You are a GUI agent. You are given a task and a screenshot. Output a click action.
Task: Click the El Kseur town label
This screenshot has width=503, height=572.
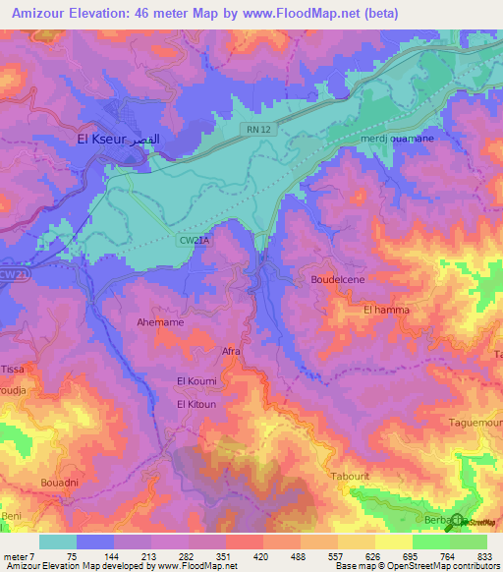pyautogui.click(x=117, y=140)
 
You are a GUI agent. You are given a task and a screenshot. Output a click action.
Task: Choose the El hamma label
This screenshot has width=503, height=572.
pyautogui.click(x=385, y=310)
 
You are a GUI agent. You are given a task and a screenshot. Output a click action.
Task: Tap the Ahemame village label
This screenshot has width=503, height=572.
pyautogui.click(x=159, y=321)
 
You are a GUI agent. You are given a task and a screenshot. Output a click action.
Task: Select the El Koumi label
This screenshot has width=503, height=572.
pyautogui.click(x=196, y=380)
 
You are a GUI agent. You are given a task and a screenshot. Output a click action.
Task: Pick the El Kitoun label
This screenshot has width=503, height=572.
pyautogui.click(x=196, y=404)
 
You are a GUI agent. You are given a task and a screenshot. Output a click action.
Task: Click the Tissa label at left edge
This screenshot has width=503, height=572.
pyautogui.click(x=12, y=369)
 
